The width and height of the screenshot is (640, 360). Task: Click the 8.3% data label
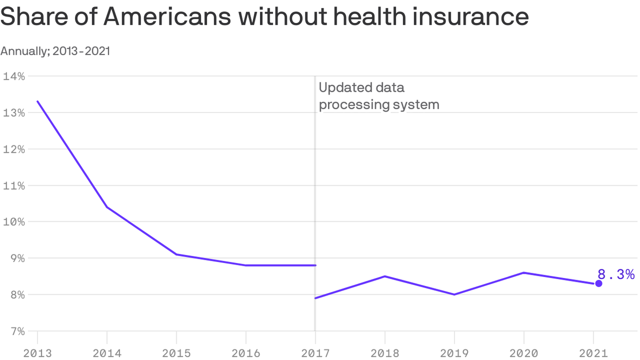(616, 275)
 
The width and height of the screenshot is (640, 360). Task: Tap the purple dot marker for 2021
(598, 284)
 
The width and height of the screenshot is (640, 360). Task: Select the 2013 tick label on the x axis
(37, 353)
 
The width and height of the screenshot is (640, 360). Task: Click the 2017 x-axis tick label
(315, 353)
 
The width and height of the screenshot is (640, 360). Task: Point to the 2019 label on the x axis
(454, 353)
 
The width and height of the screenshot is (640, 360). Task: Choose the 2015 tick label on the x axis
(176, 353)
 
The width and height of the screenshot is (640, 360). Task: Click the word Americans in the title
(167, 17)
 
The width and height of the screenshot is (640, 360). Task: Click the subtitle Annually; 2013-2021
(55, 51)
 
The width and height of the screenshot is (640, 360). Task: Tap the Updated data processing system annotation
(379, 96)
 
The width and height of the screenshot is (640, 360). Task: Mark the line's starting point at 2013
(37, 101)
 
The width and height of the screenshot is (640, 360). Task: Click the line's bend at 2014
(107, 207)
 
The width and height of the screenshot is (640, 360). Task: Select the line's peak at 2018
(385, 276)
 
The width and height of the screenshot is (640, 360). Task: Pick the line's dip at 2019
(454, 294)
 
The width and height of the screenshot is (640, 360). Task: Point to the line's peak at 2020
(523, 272)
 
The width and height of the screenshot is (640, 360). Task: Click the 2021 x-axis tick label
(593, 353)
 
